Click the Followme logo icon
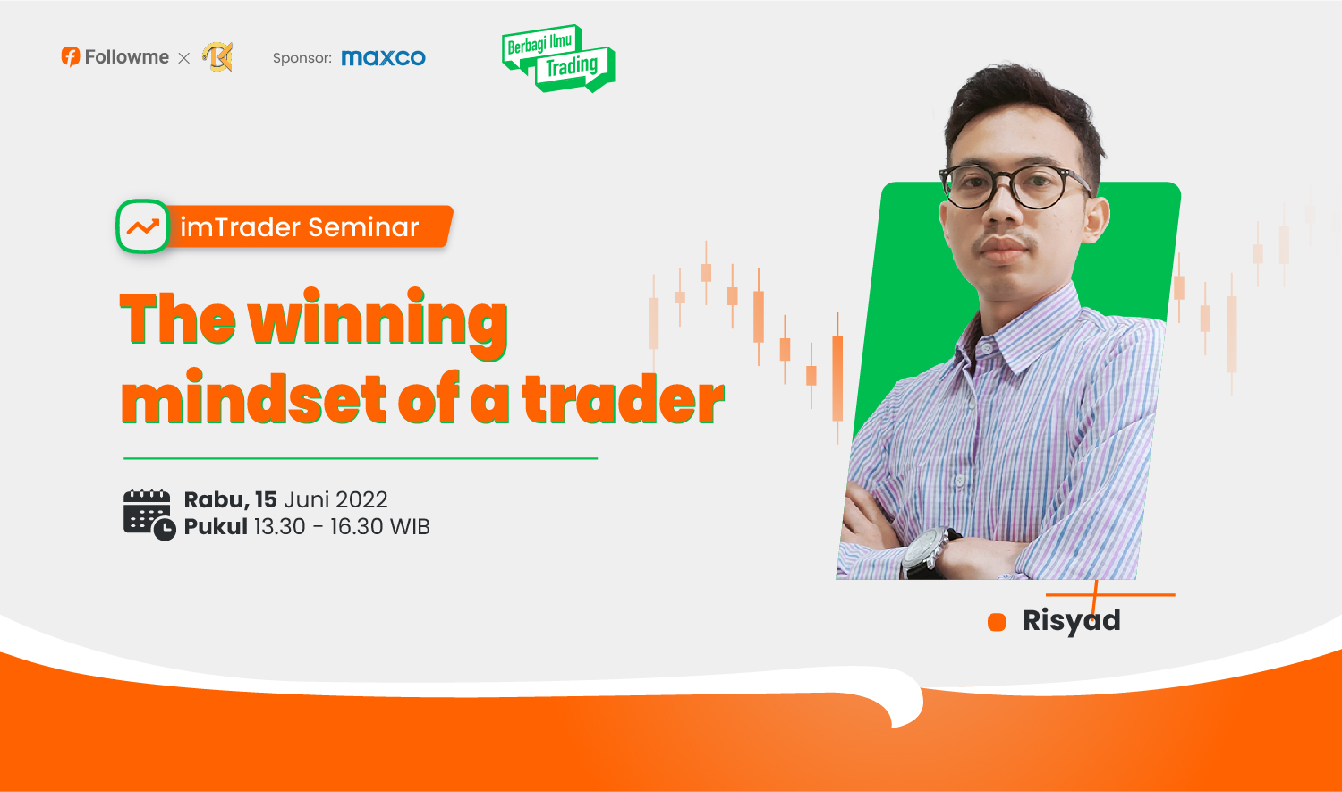(70, 57)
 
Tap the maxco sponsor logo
(384, 57)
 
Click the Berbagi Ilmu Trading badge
(557, 58)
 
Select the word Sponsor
(302, 58)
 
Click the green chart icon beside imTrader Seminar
(142, 226)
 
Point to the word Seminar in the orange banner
(363, 227)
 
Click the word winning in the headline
(378, 321)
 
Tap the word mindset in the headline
(253, 396)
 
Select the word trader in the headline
(623, 398)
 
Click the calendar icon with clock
(149, 515)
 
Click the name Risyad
(1071, 621)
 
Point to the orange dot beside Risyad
(997, 622)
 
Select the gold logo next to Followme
(217, 57)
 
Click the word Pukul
(216, 526)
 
